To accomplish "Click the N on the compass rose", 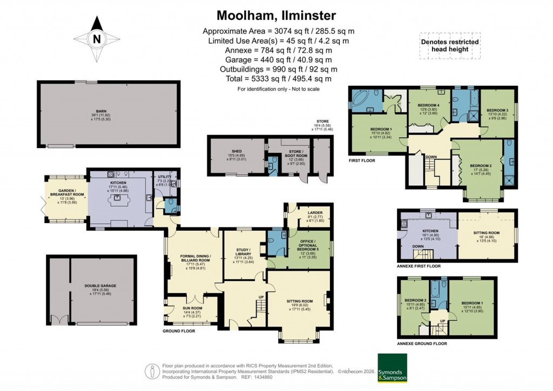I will coord(97,39).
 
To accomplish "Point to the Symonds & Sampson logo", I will coord(393,367).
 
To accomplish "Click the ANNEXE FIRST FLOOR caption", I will coord(419,266).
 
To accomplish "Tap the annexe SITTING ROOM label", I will coord(485,233).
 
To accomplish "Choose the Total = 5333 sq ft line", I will coord(276,79).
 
